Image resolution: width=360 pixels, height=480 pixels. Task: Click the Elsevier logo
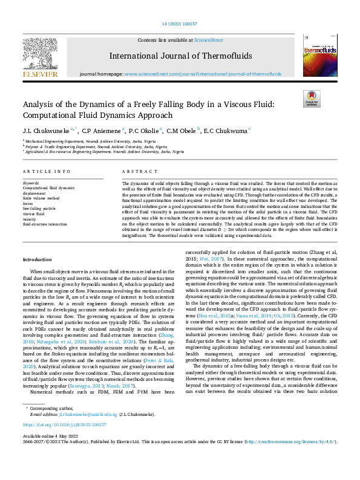click(x=41, y=57)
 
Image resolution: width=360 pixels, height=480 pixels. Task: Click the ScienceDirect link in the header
click(x=208, y=40)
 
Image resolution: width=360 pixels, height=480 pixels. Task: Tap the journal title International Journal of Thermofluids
click(x=180, y=56)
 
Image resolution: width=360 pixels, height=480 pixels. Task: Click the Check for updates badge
click(x=311, y=99)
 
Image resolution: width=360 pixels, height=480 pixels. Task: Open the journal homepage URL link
click(x=203, y=74)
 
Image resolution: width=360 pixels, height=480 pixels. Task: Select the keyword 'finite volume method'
click(x=41, y=198)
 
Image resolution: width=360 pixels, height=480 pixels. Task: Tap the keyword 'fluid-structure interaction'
click(x=50, y=224)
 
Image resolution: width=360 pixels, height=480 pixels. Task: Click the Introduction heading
click(x=38, y=259)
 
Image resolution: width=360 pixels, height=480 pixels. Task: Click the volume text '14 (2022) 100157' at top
click(x=180, y=24)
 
